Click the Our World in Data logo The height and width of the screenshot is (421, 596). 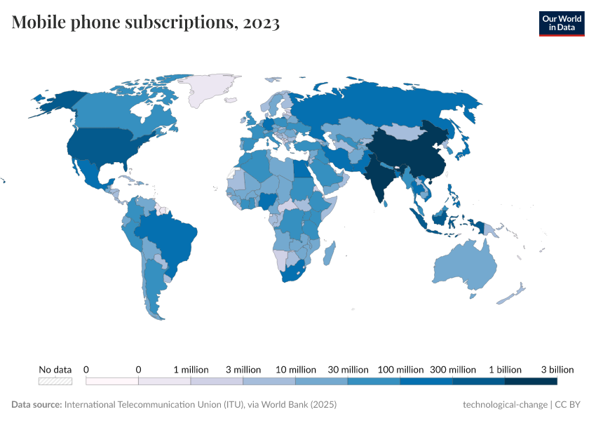561,23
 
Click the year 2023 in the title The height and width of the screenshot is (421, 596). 262,23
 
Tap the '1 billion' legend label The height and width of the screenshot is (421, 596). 505,369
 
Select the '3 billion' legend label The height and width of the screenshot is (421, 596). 557,369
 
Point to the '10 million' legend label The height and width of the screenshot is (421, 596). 295,369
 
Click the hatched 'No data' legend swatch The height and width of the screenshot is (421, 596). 55,381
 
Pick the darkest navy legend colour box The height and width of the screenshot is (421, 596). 531,381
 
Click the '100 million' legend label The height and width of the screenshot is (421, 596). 400,369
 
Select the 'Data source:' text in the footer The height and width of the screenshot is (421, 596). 36,405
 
